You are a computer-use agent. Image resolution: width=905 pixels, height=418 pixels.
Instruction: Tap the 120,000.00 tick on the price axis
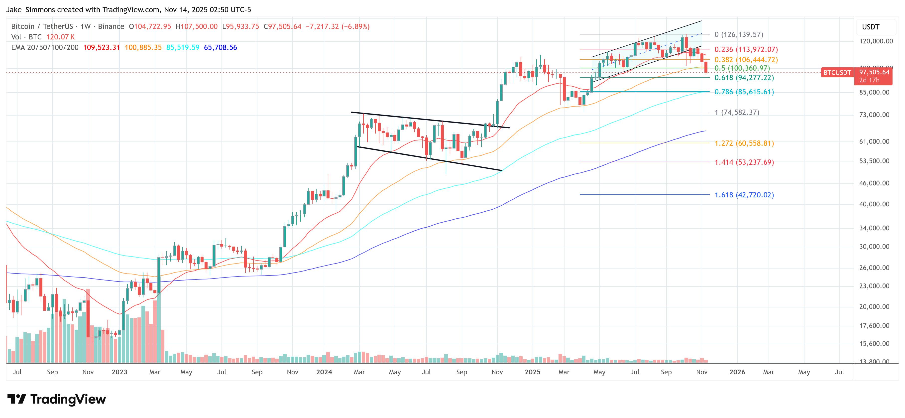pos(876,41)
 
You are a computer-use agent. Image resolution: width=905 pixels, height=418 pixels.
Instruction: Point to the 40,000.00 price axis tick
pos(874,204)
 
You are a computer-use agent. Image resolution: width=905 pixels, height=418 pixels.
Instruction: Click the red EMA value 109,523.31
pos(101,47)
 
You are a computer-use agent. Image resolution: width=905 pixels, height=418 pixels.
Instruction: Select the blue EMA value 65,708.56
pos(220,47)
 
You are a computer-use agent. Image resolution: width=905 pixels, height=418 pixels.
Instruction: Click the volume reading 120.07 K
pos(60,37)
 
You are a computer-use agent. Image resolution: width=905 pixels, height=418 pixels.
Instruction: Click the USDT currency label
pos(870,27)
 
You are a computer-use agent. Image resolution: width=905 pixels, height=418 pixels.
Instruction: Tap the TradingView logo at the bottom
pos(57,399)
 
